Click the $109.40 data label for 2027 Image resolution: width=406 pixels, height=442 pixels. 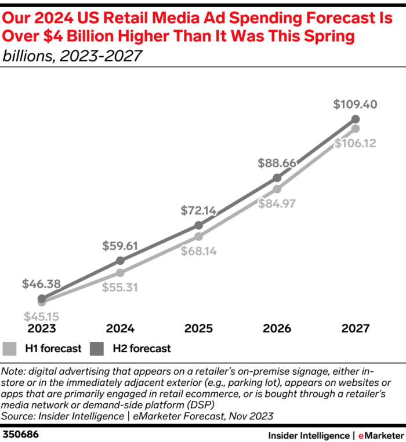[x=356, y=105]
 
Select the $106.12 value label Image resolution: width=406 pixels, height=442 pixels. [x=356, y=143]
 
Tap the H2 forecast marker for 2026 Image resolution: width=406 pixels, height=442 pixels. [x=277, y=178]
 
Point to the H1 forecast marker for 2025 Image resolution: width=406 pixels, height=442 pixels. [x=198, y=236]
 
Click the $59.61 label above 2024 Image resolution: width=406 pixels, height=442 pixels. [x=120, y=246]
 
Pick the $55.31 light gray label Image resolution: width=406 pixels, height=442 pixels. [x=120, y=287]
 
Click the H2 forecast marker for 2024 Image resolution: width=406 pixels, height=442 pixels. [x=120, y=261]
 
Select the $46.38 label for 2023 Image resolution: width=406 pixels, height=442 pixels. [x=41, y=284]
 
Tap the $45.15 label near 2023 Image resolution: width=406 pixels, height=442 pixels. [x=41, y=317]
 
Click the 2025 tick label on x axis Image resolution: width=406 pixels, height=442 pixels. [x=198, y=328]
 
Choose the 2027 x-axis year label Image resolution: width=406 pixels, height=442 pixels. [x=356, y=328]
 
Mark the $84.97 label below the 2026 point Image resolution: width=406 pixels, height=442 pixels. [x=277, y=203]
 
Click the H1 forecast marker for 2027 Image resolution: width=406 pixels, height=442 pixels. [x=356, y=128]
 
